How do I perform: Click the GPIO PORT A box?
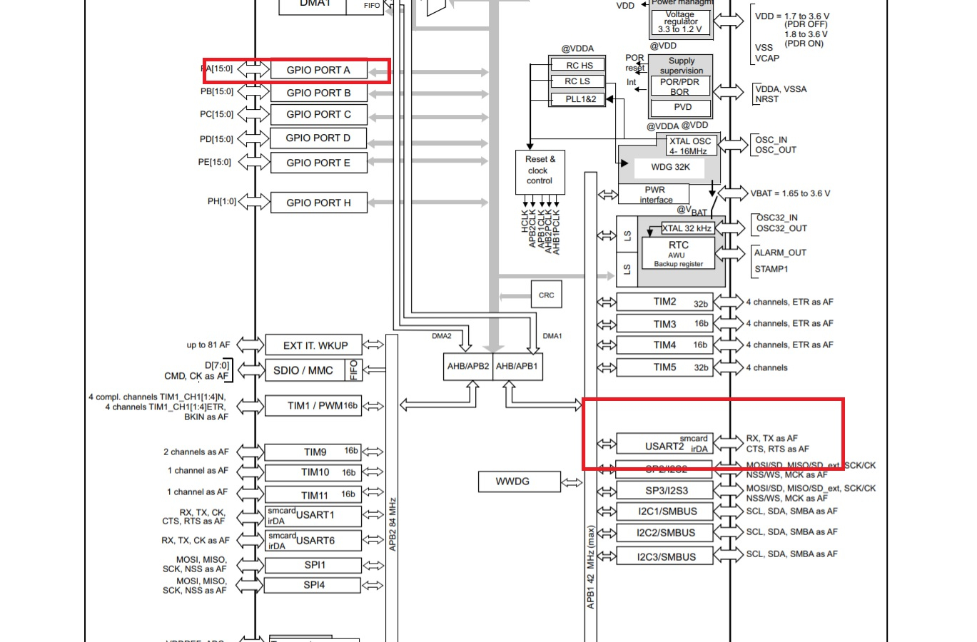click(319, 70)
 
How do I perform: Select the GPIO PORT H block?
click(319, 203)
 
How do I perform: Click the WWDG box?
click(512, 481)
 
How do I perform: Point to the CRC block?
click(546, 295)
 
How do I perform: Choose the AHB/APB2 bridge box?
click(467, 366)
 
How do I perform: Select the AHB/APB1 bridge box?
click(517, 366)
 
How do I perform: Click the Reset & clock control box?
click(540, 170)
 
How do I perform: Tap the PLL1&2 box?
click(580, 99)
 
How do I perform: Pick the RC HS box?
click(579, 65)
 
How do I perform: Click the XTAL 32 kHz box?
click(687, 228)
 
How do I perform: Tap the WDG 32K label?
click(670, 167)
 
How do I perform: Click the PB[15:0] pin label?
click(217, 91)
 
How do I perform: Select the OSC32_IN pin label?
click(776, 218)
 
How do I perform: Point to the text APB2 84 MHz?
click(393, 524)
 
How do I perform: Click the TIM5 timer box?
click(664, 367)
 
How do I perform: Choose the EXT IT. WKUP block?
click(314, 345)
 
